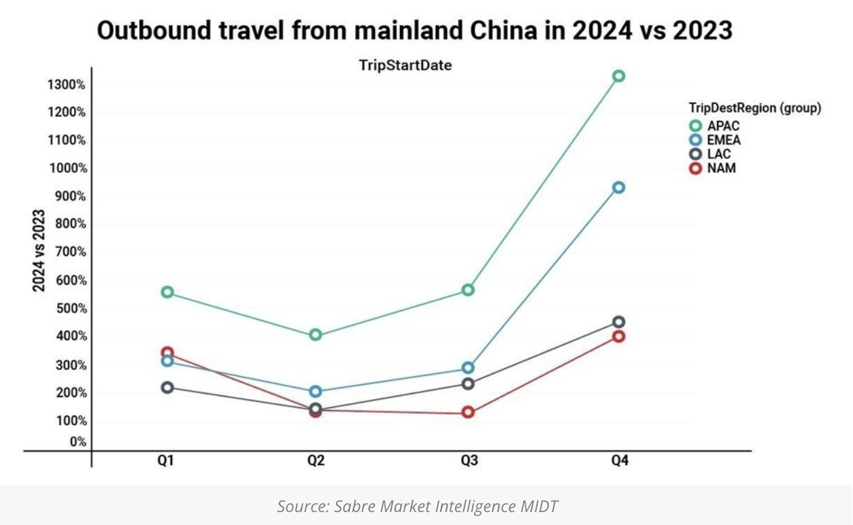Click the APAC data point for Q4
pos(618,76)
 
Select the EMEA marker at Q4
pos(618,188)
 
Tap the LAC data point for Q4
pos(618,322)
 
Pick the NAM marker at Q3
pos(468,412)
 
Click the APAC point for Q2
pos(315,335)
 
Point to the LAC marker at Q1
pos(167,388)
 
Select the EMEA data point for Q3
pos(468,368)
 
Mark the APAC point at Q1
pos(167,292)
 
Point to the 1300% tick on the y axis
pos(67,85)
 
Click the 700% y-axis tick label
pos(69,252)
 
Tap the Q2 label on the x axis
pos(316,460)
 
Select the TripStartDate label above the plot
pos(405,66)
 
